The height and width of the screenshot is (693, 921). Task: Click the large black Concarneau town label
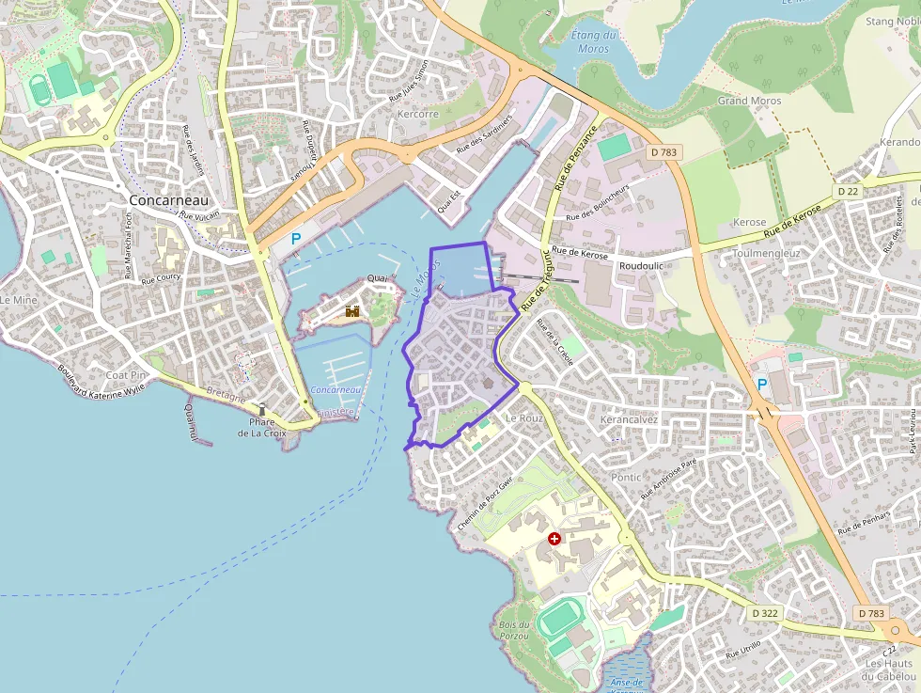(169, 200)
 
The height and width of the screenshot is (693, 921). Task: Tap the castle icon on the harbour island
(352, 310)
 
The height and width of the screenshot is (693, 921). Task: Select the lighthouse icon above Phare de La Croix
(262, 409)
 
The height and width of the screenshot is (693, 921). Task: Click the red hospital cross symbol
(554, 539)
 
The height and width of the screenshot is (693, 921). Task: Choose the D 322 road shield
(766, 613)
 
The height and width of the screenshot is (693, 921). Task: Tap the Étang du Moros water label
(594, 41)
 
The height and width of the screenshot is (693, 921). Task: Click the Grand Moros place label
(749, 101)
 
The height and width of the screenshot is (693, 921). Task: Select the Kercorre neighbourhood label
(418, 115)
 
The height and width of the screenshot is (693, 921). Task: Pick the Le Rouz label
(524, 417)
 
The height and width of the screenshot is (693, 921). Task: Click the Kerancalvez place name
(629, 419)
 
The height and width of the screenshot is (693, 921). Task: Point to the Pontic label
(625, 478)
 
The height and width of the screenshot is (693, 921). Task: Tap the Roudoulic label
(641, 266)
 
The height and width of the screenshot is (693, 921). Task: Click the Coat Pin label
(126, 375)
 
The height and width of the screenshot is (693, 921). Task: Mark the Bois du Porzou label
(514, 630)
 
